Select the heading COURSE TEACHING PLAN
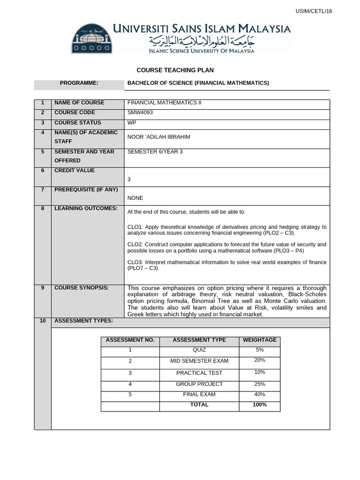(x=175, y=70)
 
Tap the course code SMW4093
(x=140, y=112)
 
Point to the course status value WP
(x=132, y=123)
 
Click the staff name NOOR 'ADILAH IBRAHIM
(x=159, y=137)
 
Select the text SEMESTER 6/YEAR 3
(x=155, y=151)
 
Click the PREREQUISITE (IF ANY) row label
(x=86, y=190)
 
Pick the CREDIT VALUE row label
(x=75, y=171)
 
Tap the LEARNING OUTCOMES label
(x=86, y=208)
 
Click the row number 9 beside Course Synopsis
(x=42, y=288)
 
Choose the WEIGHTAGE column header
(x=259, y=340)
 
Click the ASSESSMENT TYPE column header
(x=199, y=340)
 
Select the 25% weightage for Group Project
(x=259, y=384)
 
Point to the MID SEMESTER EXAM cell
(x=199, y=361)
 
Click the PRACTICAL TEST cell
(x=199, y=373)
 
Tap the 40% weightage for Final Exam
(x=259, y=395)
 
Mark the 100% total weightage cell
(x=259, y=405)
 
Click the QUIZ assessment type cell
(x=199, y=350)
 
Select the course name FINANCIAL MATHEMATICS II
(x=164, y=103)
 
